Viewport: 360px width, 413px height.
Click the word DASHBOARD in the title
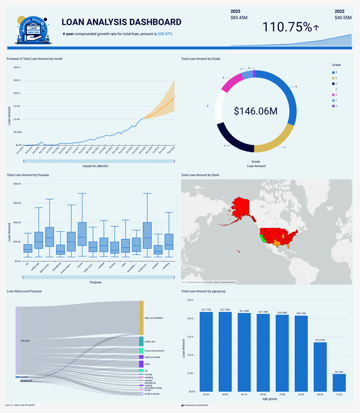(x=156, y=23)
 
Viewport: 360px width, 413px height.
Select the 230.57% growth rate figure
(x=165, y=34)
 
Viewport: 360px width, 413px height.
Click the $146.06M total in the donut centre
(x=256, y=111)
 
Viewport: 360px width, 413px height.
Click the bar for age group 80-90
(x=320, y=367)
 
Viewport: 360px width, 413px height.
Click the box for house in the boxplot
(x=82, y=234)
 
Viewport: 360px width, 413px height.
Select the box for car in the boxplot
(x=28, y=248)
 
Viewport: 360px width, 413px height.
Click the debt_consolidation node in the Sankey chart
(x=141, y=318)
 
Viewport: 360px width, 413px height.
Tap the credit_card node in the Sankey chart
(x=141, y=342)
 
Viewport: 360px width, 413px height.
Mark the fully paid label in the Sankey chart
(x=25, y=341)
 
